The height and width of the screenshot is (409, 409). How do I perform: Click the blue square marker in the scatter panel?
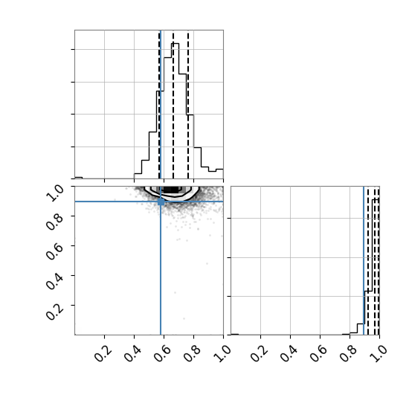click(161, 202)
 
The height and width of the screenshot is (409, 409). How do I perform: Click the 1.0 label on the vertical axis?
click(55, 193)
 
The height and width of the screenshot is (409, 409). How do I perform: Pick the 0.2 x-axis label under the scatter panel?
click(103, 353)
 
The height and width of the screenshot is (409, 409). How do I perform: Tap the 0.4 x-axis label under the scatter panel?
click(133, 353)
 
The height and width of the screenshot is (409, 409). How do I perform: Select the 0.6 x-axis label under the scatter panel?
click(163, 353)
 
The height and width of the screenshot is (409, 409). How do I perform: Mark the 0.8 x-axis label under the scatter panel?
click(193, 353)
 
